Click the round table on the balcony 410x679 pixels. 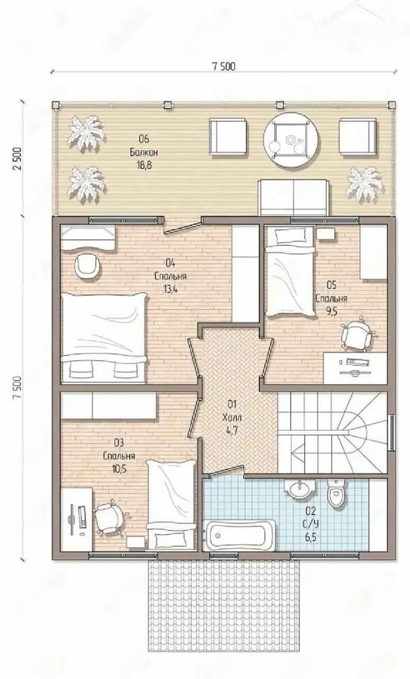[291, 140]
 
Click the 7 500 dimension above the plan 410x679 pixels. [224, 66]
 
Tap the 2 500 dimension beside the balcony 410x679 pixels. [17, 159]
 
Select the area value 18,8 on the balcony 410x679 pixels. [145, 165]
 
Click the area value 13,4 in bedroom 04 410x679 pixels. [171, 289]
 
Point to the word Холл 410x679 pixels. [232, 417]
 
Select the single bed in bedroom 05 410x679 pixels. [289, 272]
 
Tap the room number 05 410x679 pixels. [332, 285]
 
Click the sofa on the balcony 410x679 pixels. [293, 197]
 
